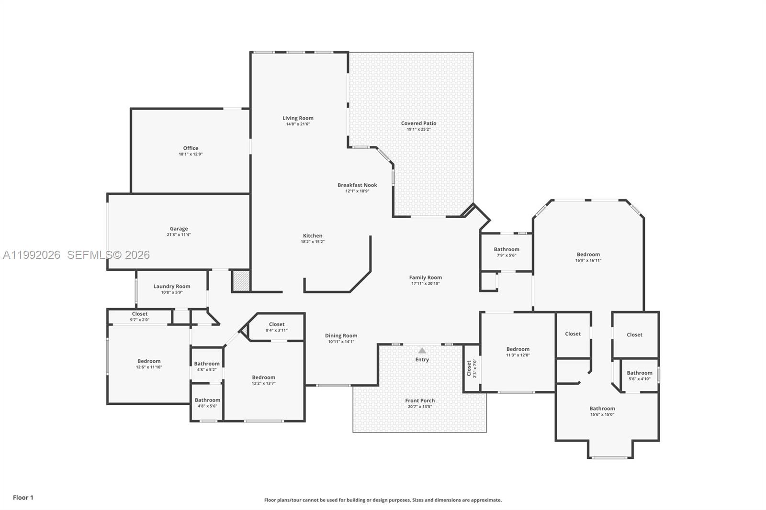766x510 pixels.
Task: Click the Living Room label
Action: click(x=298, y=118)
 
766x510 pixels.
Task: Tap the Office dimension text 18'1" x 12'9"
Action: click(x=191, y=154)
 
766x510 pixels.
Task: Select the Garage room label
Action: click(x=179, y=229)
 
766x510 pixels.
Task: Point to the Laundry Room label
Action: click(x=172, y=287)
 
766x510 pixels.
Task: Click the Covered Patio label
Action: click(x=418, y=123)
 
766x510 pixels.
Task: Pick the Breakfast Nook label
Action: click(x=357, y=185)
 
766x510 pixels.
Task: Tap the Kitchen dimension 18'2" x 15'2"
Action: click(x=312, y=242)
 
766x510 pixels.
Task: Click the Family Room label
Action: click(x=425, y=277)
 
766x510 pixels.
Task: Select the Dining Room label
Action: click(x=341, y=336)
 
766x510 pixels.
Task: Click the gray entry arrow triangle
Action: click(x=422, y=351)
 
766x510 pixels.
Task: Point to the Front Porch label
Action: click(x=420, y=401)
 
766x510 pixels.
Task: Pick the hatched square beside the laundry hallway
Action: click(x=241, y=281)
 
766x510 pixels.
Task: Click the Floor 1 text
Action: click(x=23, y=498)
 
